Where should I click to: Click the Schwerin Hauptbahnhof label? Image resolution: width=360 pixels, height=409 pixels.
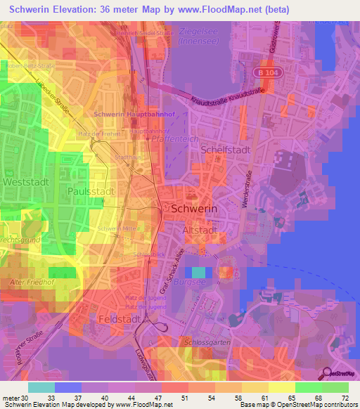coord(128,114)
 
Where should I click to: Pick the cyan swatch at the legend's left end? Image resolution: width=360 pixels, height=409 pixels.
coord(41,387)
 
